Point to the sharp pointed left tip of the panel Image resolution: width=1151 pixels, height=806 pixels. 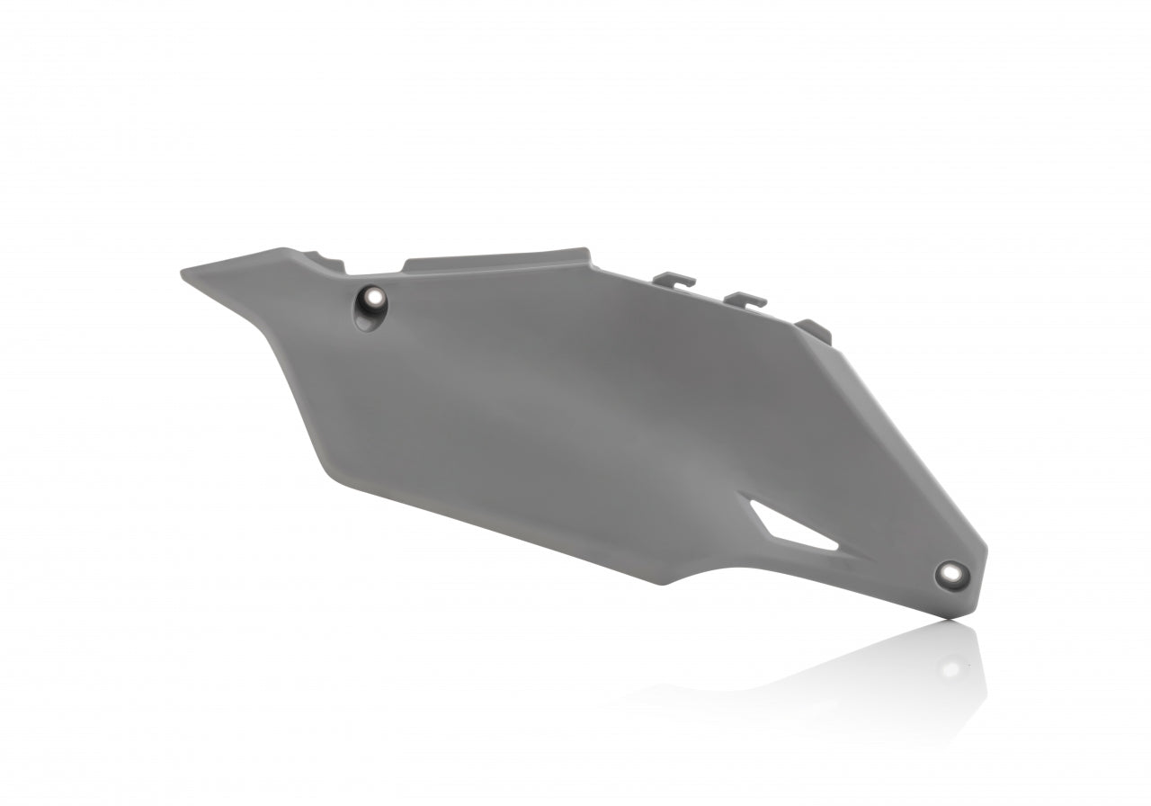pos(183,271)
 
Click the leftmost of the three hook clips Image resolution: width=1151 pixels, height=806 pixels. pos(674,279)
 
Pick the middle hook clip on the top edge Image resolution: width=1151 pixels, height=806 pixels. pos(745,300)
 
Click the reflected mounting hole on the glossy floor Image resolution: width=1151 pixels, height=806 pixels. pos(950,668)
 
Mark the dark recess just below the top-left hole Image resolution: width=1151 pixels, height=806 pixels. pos(365,320)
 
